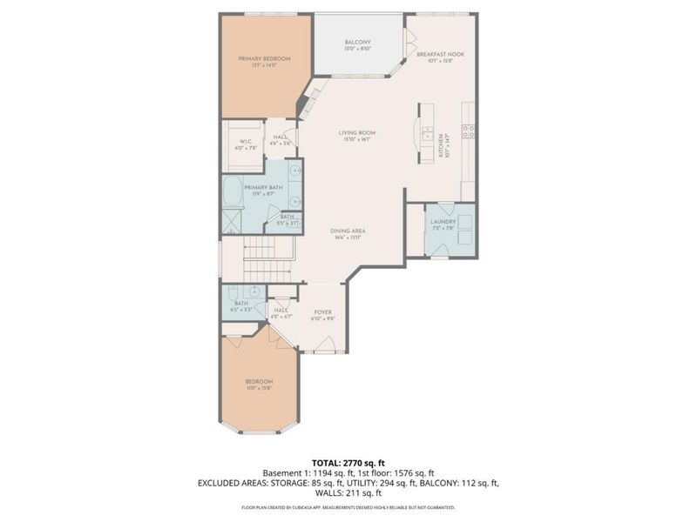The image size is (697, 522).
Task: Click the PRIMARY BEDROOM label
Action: (264, 58)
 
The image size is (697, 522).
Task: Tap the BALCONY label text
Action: (357, 43)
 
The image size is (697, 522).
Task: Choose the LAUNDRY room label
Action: (443, 222)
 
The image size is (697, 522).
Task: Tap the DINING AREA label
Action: (347, 231)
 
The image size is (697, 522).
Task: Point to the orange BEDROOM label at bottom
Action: (259, 382)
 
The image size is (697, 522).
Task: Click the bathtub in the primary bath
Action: (233, 191)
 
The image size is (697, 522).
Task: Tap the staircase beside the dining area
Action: (261, 256)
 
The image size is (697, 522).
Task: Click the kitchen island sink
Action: (426, 134)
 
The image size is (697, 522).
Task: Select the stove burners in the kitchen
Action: (469, 131)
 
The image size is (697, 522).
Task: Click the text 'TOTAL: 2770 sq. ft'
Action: (348, 462)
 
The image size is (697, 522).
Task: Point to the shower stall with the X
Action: (233, 218)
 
